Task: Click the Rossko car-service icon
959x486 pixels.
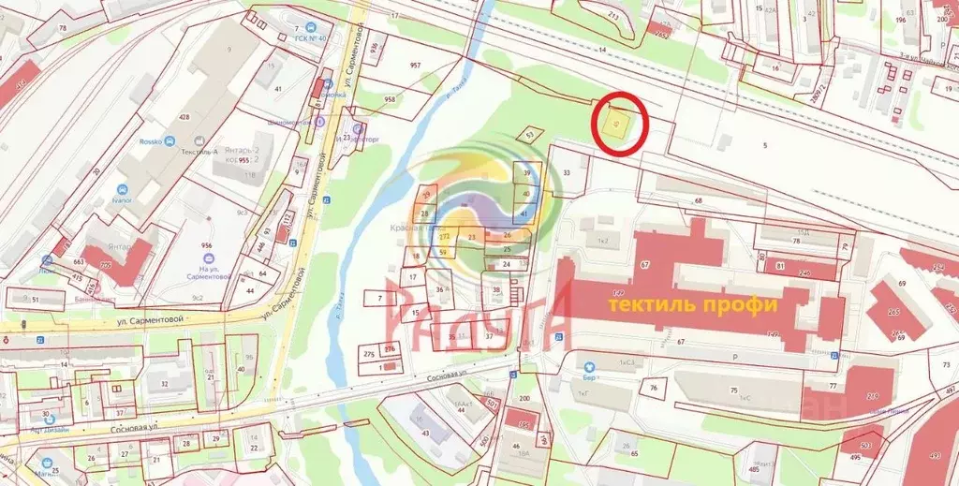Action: [170, 141]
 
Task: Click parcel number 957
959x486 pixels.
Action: [414, 66]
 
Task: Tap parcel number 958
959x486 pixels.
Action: [391, 98]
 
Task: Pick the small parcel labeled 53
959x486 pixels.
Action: [530, 136]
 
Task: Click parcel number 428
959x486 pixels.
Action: [184, 117]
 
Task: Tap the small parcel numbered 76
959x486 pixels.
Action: [654, 388]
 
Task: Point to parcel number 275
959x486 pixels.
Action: [369, 354]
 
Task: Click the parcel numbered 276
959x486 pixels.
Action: [390, 348]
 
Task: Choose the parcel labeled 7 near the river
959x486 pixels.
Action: [380, 299]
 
